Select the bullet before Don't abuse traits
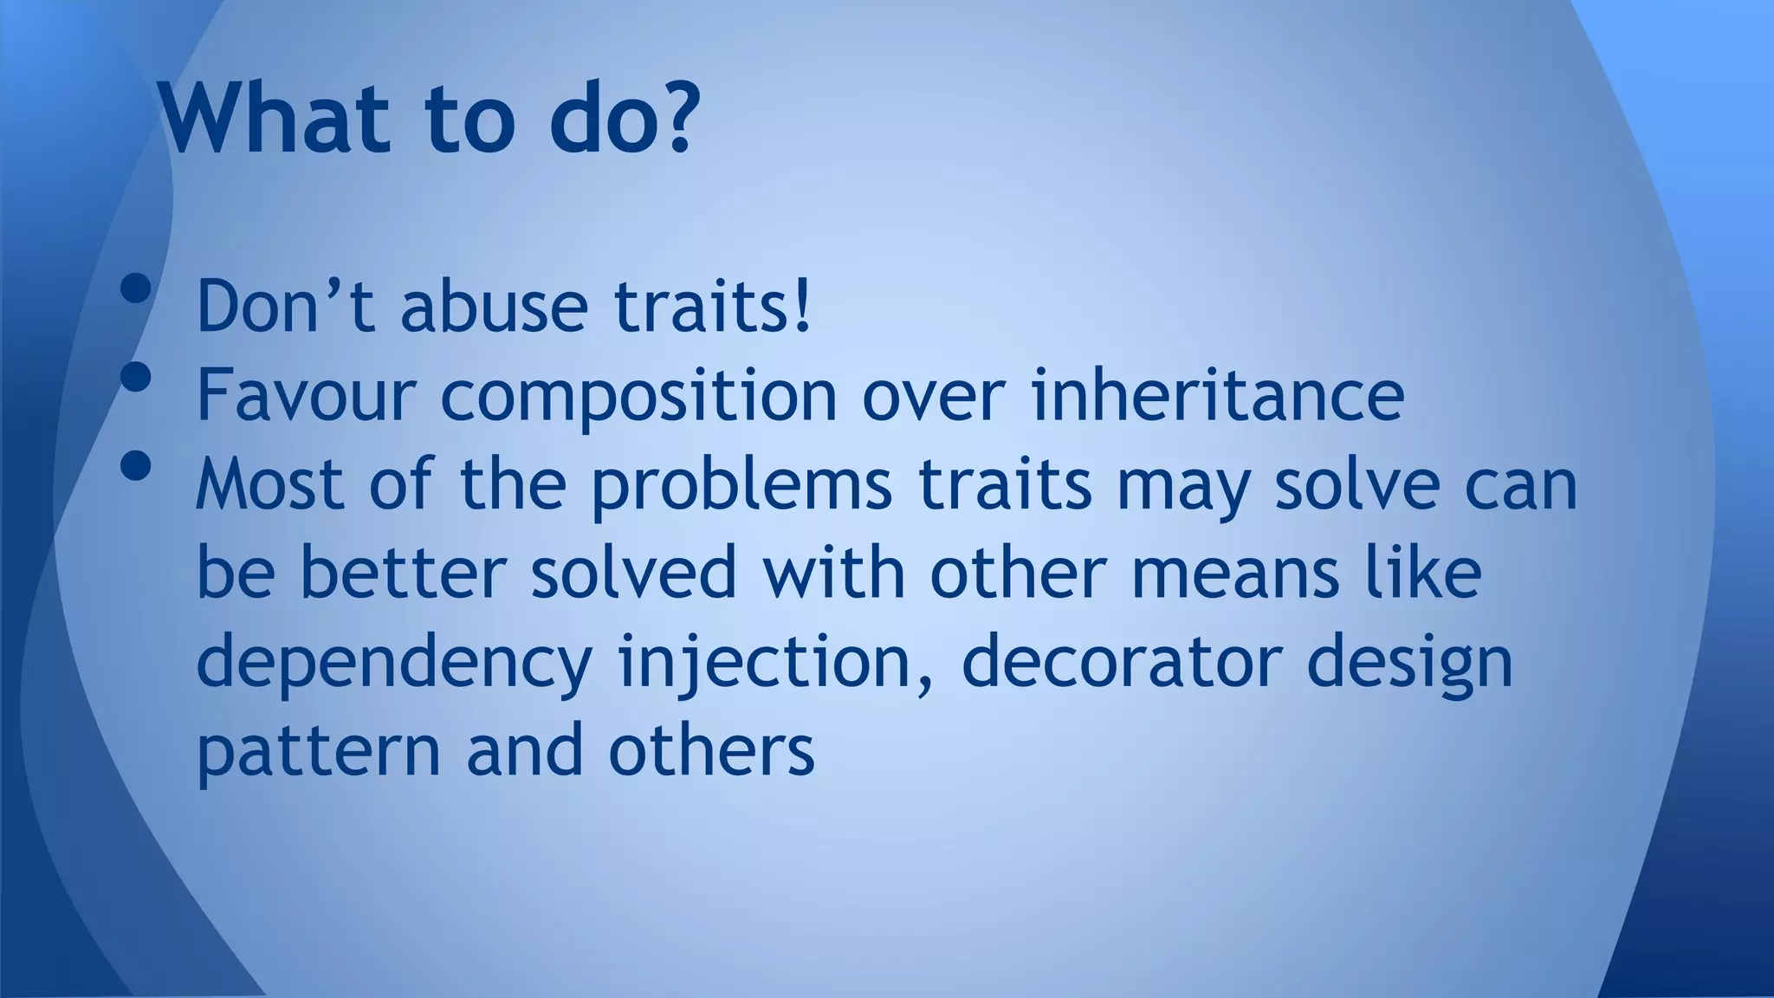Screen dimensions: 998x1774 (x=136, y=288)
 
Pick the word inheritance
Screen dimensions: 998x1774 (x=1219, y=395)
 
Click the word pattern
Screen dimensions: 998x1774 (x=319, y=752)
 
